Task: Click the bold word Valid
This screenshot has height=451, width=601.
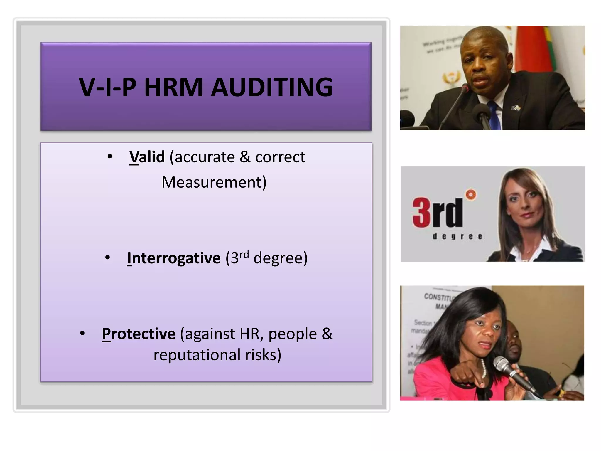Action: (x=147, y=157)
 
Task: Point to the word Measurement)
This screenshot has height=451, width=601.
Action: (x=214, y=182)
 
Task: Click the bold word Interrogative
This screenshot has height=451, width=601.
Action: (x=174, y=258)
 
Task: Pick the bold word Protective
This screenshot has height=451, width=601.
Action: (x=139, y=334)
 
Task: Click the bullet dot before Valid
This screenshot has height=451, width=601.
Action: (x=110, y=156)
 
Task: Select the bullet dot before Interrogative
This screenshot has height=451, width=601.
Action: (x=108, y=258)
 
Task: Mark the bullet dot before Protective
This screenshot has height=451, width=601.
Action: (x=82, y=333)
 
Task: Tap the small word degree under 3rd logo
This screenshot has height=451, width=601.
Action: (x=457, y=236)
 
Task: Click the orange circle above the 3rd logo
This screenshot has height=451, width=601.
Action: (x=471, y=194)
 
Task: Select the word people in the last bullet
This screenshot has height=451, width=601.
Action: (x=293, y=334)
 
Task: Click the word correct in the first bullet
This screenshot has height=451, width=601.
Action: (x=280, y=157)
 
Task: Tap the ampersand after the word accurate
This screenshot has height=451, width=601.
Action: (x=245, y=157)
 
